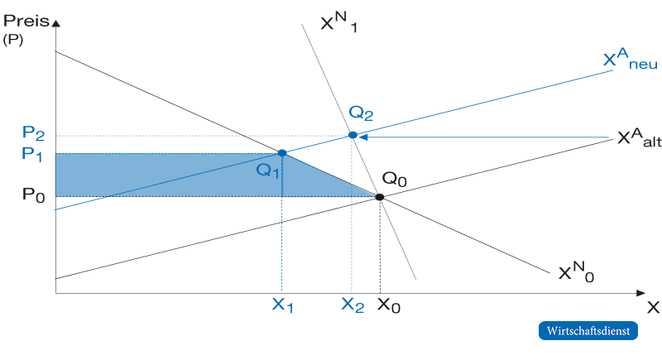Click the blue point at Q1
282,153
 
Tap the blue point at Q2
353,135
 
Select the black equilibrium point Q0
380,197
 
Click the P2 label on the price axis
33,133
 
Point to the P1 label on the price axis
32,154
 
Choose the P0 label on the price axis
33,195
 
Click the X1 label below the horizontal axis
282,305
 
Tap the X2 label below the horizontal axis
353,305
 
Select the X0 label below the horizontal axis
388,305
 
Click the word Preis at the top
26,21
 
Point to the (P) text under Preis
13,40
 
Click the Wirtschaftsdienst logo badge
588,330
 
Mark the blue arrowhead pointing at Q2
362,137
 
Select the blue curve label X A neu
631,59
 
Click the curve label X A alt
639,138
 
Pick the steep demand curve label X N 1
339,22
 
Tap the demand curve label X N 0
576,271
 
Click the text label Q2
361,113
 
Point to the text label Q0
395,179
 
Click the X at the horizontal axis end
653,307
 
